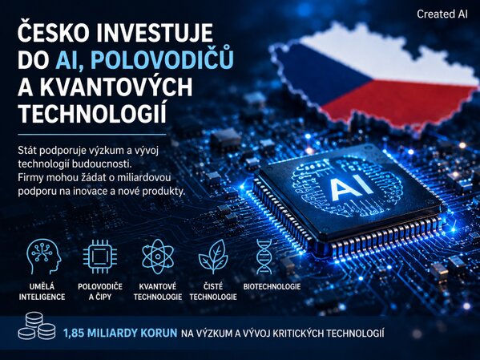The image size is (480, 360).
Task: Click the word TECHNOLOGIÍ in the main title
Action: [92, 113]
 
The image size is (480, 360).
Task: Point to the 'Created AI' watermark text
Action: [442, 14]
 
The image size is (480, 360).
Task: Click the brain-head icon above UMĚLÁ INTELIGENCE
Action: [43, 257]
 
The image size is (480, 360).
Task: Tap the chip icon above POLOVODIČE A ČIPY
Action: [100, 257]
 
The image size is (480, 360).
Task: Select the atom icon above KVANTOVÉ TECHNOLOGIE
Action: [158, 257]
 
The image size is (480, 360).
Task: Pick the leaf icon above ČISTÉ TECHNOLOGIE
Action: [213, 257]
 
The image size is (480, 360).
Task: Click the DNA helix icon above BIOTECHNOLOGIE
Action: [264, 257]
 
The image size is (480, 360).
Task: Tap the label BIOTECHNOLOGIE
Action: [272, 287]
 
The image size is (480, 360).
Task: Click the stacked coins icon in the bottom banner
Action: [37, 326]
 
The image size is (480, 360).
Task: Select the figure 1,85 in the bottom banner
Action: [74, 333]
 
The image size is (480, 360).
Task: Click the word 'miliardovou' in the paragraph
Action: [144, 178]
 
